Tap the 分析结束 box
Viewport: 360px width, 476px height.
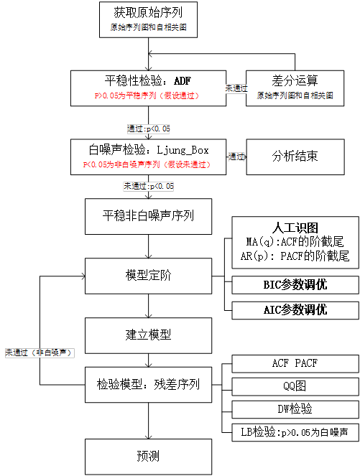click(294, 156)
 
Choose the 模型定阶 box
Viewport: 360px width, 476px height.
click(149, 274)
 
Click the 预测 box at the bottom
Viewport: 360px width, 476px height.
click(149, 456)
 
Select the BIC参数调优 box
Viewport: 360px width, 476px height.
click(295, 284)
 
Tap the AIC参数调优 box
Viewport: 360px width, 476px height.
click(295, 309)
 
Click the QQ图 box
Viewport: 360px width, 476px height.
click(295, 386)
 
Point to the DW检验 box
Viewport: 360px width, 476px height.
click(295, 409)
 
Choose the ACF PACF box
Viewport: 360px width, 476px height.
click(295, 363)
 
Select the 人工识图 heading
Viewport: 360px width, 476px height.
click(295, 228)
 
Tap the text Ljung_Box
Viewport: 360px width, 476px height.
click(182, 149)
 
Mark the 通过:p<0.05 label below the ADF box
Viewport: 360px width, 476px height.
click(149, 129)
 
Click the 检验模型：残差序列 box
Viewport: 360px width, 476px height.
click(149, 384)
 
